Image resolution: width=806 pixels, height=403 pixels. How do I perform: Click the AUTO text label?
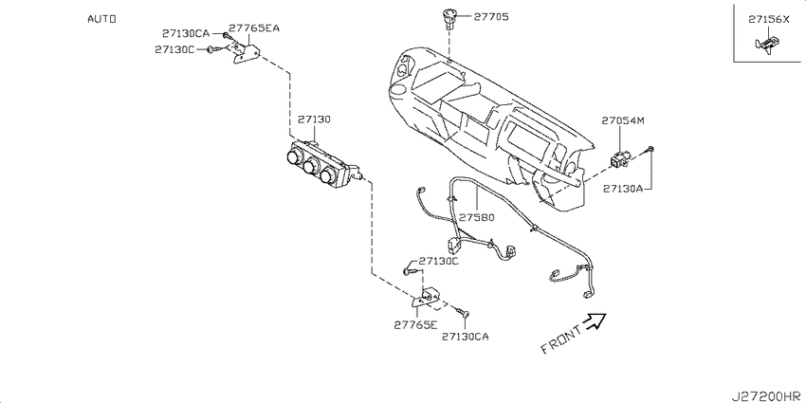[x=101, y=19]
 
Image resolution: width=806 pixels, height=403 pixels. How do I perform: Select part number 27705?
[x=491, y=17]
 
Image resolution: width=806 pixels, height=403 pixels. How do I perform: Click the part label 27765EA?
[x=254, y=28]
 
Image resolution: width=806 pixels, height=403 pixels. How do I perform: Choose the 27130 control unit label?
[x=314, y=119]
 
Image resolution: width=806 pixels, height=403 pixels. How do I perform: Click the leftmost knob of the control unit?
[x=295, y=156]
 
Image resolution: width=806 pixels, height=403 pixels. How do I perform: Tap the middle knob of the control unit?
[x=310, y=166]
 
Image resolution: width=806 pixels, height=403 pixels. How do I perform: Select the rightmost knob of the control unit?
[x=326, y=175]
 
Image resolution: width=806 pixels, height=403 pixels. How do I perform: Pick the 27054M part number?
[x=623, y=121]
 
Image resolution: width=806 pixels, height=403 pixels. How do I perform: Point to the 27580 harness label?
[x=477, y=217]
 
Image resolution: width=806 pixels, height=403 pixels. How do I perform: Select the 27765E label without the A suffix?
[x=415, y=325]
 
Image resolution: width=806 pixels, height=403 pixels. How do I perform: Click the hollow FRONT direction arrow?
[x=595, y=321]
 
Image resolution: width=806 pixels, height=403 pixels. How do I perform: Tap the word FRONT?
[x=562, y=339]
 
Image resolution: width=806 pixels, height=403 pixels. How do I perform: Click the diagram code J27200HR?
[x=768, y=395]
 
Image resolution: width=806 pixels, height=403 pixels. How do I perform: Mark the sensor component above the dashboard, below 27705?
[x=447, y=20]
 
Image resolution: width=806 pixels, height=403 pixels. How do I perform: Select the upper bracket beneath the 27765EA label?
[x=246, y=52]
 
